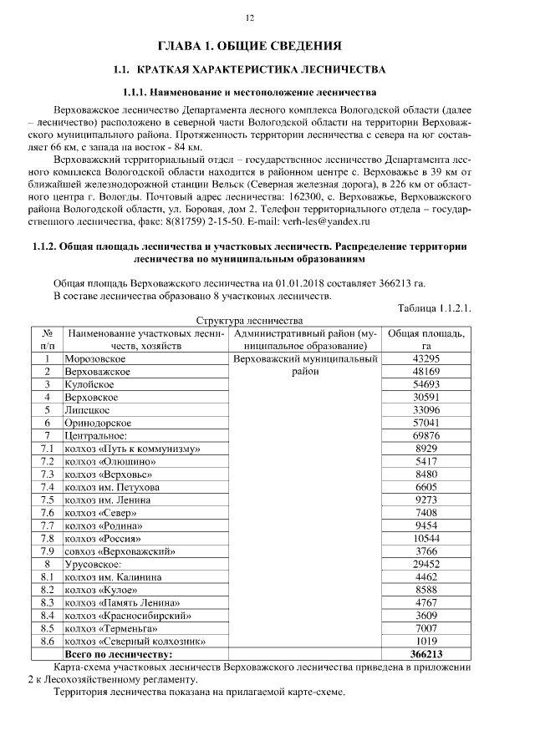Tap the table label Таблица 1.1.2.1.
point(435,308)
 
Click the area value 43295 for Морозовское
point(426,358)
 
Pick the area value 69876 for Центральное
point(426,435)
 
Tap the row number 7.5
point(48,500)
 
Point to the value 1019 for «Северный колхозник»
point(426,641)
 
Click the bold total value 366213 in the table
point(426,654)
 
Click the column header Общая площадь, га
point(426,339)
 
